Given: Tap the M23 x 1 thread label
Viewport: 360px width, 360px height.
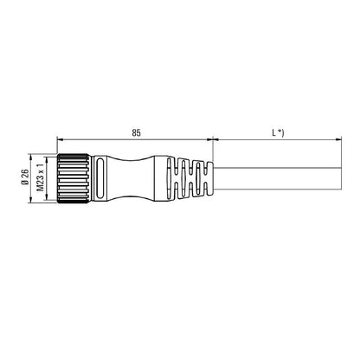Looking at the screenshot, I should pos(38,179).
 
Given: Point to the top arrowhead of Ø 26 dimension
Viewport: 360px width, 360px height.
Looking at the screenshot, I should pos(31,158).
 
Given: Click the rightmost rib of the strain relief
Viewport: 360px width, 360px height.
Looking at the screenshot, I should pos(207,179).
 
